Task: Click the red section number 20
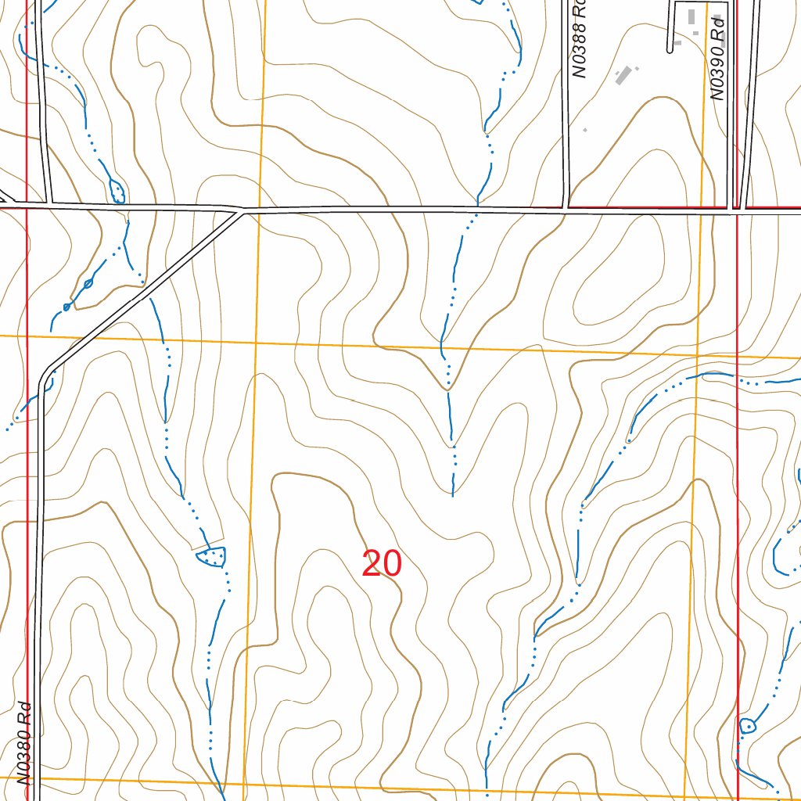coord(382,564)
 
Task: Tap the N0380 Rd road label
coord(23,743)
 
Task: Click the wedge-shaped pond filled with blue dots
coord(212,556)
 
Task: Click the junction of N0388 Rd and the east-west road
coord(566,210)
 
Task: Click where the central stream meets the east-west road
coord(476,210)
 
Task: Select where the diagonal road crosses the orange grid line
coord(82,338)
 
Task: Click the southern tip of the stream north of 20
coord(453,495)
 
